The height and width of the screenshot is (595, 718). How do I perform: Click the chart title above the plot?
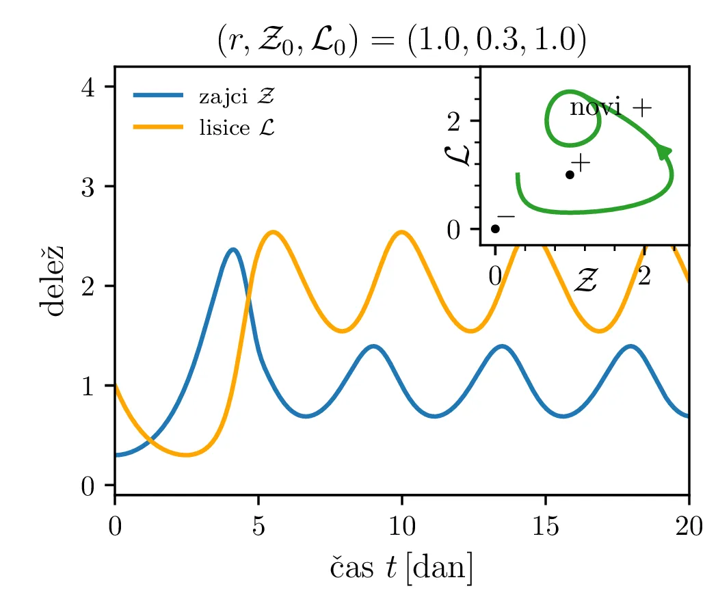(x=401, y=42)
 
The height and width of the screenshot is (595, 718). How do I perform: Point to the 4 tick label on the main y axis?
(x=90, y=87)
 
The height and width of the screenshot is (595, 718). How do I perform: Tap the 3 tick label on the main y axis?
(x=90, y=187)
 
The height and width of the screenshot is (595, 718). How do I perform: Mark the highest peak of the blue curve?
(x=233, y=250)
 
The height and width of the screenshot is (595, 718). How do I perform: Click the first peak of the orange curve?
(x=272, y=233)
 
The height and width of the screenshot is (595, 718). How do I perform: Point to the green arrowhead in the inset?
(x=663, y=151)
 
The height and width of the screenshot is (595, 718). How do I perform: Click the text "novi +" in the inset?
(x=611, y=107)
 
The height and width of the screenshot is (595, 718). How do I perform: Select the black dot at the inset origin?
(x=495, y=229)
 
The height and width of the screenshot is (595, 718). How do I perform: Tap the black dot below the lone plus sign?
(x=570, y=174)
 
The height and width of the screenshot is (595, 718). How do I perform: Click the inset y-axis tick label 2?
(x=456, y=121)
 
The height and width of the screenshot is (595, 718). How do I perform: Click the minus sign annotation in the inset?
(x=506, y=216)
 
